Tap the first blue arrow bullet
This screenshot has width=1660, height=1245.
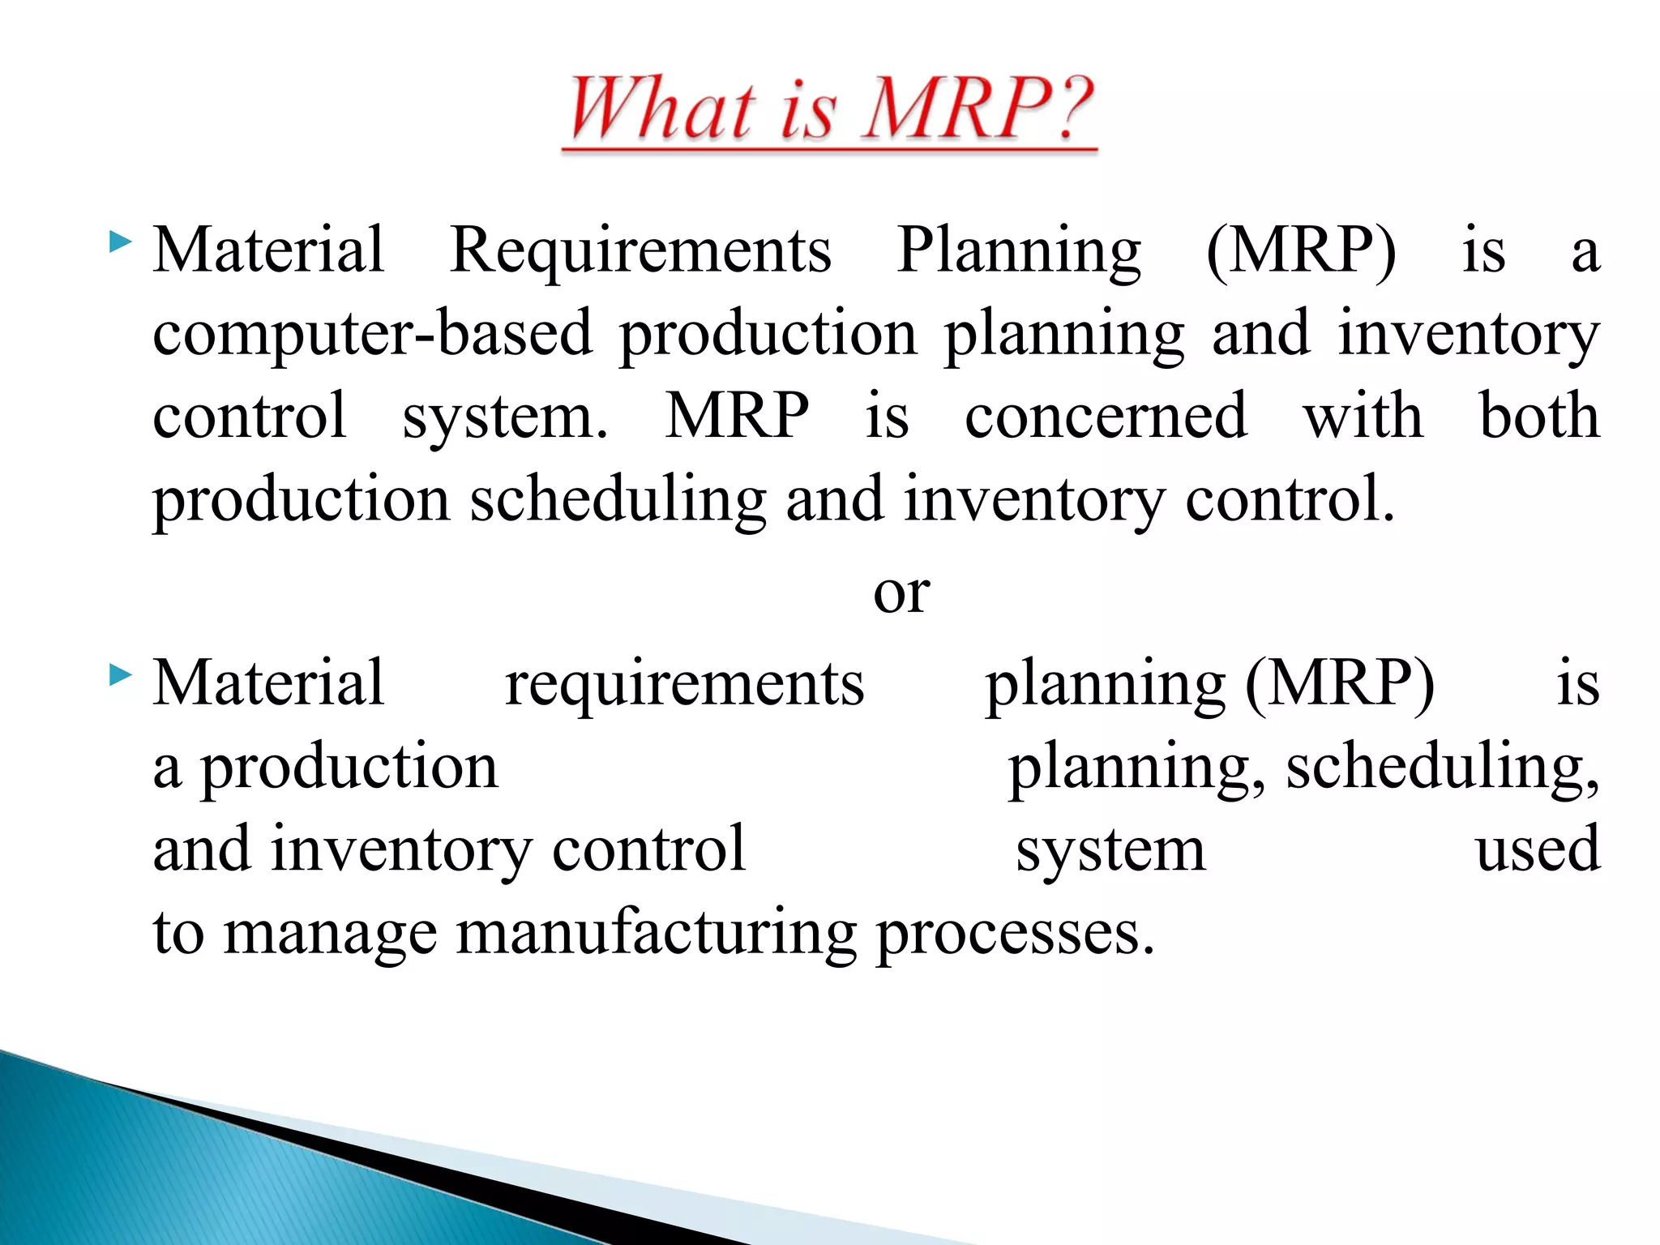coord(120,242)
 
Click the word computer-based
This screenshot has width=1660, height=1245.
coord(373,334)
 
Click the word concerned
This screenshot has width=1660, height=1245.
coord(1106,417)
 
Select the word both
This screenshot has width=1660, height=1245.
coord(1539,417)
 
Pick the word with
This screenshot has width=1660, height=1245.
coord(1363,417)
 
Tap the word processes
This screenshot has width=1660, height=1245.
coord(1015,934)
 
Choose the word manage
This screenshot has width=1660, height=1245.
coord(330,934)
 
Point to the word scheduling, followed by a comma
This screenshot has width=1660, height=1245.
coord(1442,767)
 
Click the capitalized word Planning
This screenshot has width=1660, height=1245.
coord(1019,251)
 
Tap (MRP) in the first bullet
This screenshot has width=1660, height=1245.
coord(1301,251)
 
